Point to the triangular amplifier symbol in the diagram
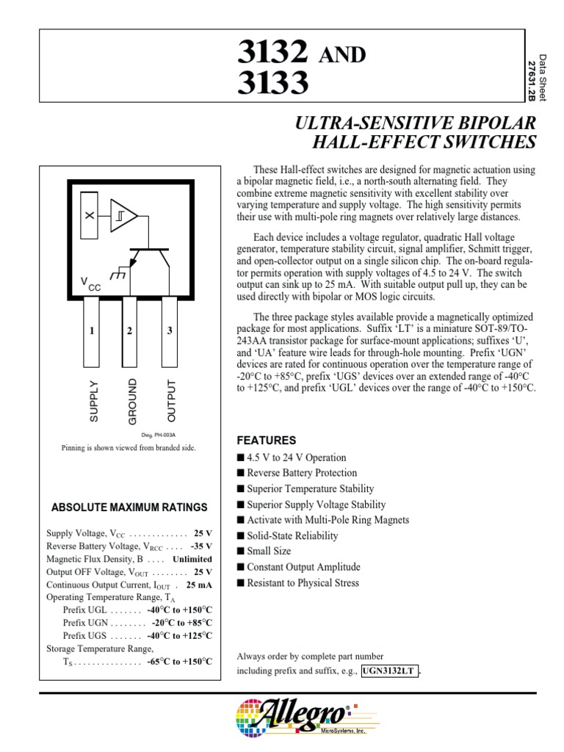(x=123, y=215)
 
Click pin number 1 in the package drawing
(x=93, y=331)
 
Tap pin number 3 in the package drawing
(x=169, y=331)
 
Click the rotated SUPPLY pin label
(x=93, y=402)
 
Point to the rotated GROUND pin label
(x=132, y=402)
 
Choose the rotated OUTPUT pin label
(x=172, y=402)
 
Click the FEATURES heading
(x=266, y=441)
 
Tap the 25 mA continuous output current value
(x=199, y=585)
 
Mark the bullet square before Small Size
(x=240, y=552)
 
